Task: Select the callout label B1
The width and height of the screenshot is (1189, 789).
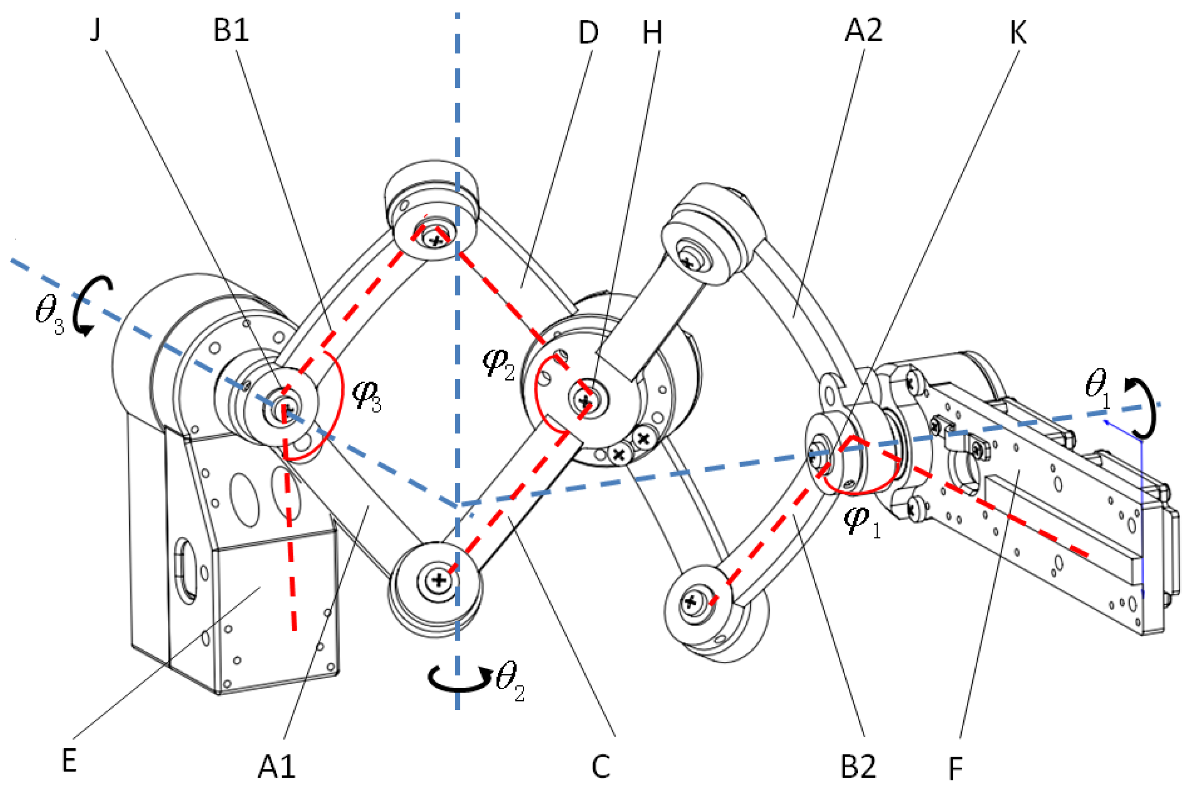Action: point(231,31)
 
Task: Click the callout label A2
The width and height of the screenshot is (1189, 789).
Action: point(863,31)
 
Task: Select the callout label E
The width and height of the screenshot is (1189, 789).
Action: point(69,761)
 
